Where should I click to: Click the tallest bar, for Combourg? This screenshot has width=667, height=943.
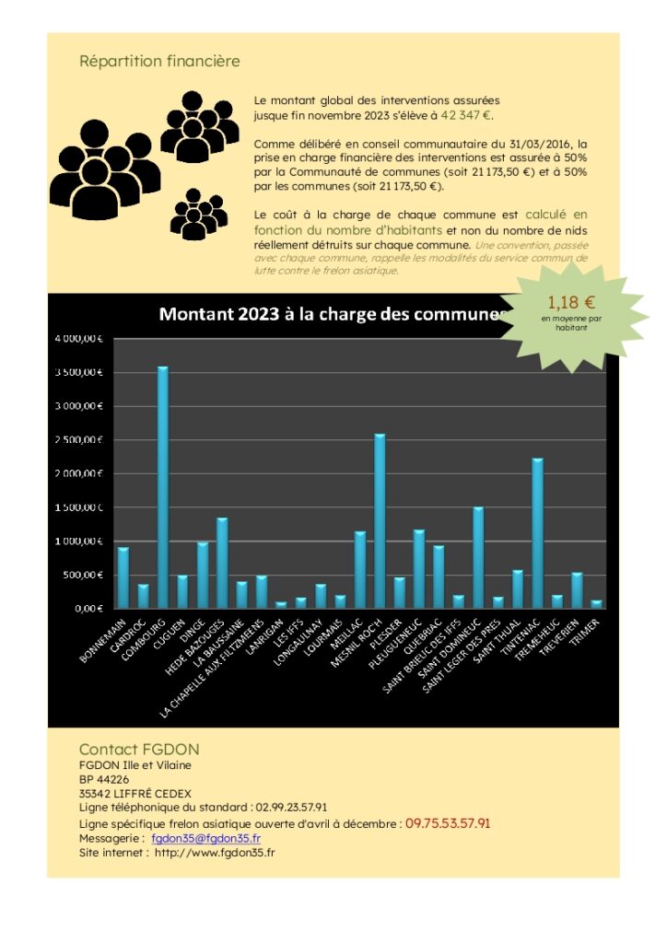coord(162,488)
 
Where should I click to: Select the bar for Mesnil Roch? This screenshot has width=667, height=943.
coord(380,521)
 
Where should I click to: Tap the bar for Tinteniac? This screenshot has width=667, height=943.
coord(537,533)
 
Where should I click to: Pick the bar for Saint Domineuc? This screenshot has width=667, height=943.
coord(478,558)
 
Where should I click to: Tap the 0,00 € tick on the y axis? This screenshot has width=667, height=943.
coord(90,609)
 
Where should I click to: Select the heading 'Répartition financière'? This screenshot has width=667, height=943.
coord(159,62)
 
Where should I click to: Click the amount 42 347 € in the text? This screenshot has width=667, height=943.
coord(466,116)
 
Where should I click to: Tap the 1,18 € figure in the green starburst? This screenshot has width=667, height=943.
coord(571,302)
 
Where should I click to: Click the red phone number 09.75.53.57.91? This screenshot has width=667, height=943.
coord(448,823)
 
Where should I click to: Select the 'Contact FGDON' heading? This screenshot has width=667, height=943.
coord(139,750)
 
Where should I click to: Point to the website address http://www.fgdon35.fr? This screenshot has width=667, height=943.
coord(215,853)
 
